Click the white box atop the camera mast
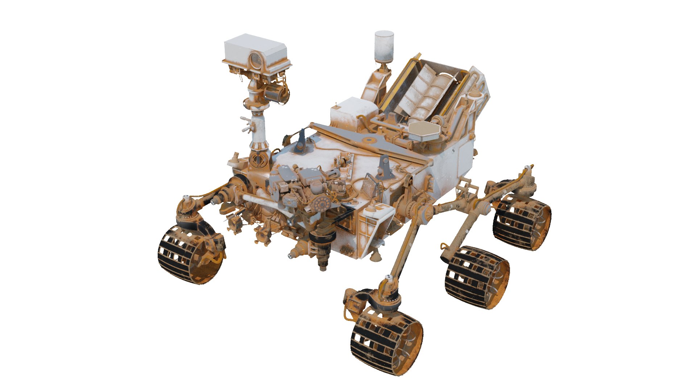point(255,49)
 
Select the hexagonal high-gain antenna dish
point(424,130)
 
